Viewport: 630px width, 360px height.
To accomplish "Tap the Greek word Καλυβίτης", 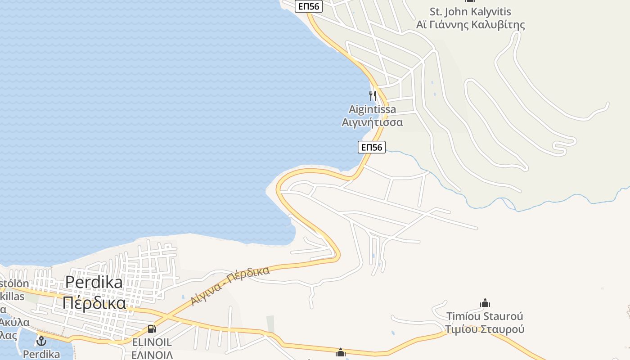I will pos(498,24).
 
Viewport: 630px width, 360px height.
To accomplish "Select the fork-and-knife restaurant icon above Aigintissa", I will pos(372,95).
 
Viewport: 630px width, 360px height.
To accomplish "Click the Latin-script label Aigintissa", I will pos(372,109).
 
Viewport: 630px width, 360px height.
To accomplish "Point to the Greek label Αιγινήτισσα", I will pos(372,122).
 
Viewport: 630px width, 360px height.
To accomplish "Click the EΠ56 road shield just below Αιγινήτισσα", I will pos(372,147).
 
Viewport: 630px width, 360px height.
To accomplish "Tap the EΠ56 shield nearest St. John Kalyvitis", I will pos(309,6).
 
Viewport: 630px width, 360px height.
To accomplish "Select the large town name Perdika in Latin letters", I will pos(94,282).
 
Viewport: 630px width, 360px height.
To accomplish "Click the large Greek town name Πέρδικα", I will pos(94,303).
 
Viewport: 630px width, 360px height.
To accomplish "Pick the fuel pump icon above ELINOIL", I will pos(152,329).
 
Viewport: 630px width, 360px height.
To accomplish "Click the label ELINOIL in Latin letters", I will pos(152,342).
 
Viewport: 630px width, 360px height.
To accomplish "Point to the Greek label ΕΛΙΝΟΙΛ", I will pos(152,355).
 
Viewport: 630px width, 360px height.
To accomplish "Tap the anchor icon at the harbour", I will pos(41,341).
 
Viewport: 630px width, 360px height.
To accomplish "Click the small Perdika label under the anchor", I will pos(41,355).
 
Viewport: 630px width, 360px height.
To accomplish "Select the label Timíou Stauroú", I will pos(485,316).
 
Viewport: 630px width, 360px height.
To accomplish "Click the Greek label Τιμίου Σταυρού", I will pos(485,329).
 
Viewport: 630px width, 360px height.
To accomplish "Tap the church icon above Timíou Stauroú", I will pos(485,303).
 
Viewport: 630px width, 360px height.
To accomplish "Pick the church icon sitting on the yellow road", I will pos(341,352).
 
